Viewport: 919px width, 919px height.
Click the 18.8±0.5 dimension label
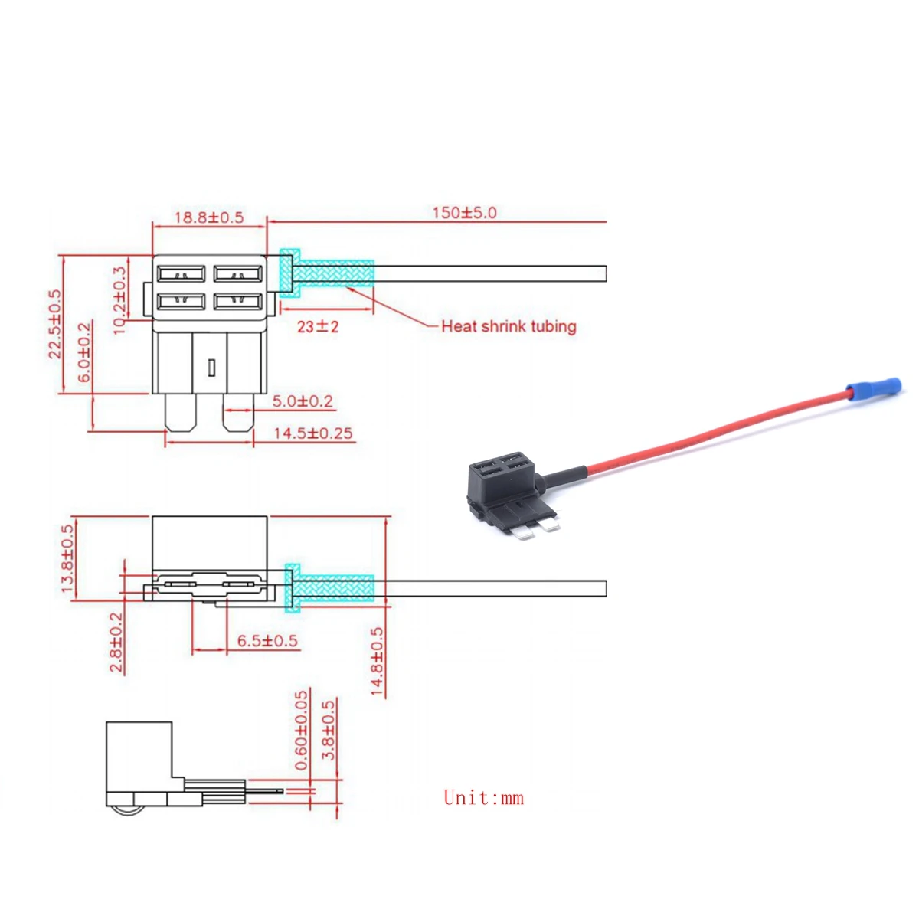[208, 217]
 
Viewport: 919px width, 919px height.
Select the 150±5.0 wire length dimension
[464, 212]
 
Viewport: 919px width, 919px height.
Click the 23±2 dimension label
[318, 326]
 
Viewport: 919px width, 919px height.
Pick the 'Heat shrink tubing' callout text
[509, 326]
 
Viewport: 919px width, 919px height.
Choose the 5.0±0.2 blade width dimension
[303, 401]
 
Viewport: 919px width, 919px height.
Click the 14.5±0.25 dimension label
[313, 433]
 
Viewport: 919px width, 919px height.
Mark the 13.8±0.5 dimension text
[67, 558]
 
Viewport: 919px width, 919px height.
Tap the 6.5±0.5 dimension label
[267, 641]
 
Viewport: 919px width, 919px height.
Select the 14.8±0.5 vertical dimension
[377, 662]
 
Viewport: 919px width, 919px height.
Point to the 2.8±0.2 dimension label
[116, 643]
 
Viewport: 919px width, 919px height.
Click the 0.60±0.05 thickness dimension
[301, 731]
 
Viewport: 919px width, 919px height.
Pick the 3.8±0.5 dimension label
[329, 731]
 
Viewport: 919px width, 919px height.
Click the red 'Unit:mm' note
[483, 798]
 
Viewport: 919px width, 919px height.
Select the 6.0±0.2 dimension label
[84, 352]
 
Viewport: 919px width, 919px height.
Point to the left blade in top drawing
[182, 412]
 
